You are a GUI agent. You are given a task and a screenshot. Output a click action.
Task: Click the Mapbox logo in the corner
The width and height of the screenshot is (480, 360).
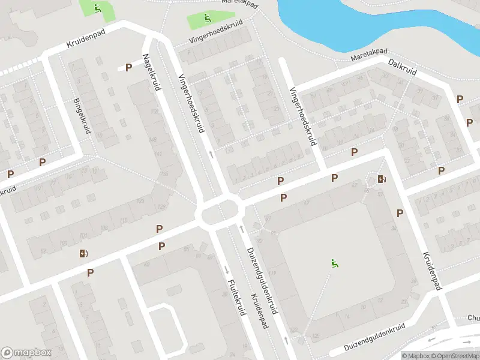tap(26, 353)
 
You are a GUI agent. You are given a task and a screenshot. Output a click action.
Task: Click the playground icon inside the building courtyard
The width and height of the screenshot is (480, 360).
tap(335, 263)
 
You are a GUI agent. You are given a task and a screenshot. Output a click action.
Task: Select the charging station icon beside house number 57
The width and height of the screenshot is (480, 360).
tap(382, 178)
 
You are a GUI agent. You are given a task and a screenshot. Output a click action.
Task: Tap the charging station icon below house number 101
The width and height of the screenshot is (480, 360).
tap(83, 253)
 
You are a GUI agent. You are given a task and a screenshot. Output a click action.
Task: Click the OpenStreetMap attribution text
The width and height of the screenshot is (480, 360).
tap(452, 356)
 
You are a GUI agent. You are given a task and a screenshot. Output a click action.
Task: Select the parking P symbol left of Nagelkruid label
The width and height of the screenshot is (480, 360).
tap(128, 68)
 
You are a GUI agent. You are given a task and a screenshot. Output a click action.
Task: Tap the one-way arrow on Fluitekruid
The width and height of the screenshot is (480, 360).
tap(226, 269)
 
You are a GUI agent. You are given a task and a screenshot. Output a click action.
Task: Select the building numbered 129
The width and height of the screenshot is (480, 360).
tap(161, 207)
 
